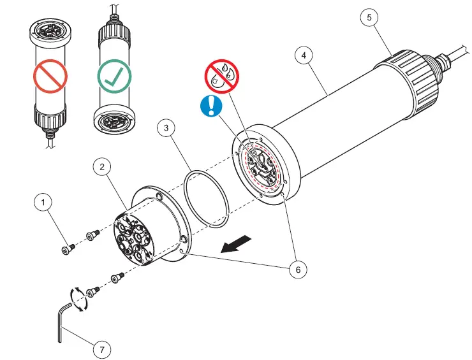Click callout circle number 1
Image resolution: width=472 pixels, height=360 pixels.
[43, 203]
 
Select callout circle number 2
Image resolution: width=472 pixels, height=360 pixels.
[102, 168]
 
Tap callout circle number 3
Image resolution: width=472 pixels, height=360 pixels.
[166, 128]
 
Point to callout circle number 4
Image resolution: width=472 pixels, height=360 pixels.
[304, 56]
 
